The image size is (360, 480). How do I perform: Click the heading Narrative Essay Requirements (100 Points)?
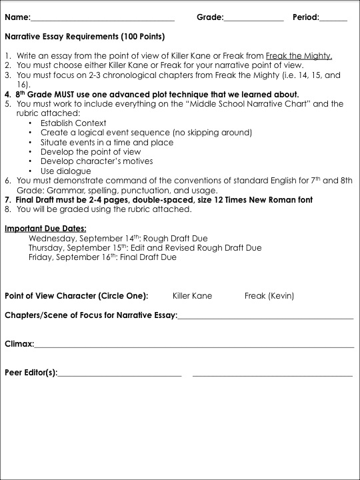[x=85, y=36]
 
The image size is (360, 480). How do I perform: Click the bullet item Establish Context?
[x=69, y=123]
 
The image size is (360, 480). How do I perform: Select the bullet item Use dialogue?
[x=65, y=171]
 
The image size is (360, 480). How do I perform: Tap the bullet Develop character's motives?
[x=97, y=161]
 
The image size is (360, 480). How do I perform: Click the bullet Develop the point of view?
[x=91, y=152]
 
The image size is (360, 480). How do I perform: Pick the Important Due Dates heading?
[x=46, y=229]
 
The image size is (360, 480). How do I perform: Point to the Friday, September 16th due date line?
[x=102, y=257]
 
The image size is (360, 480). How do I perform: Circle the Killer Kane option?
[x=192, y=295]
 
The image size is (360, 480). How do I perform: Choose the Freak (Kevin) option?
[x=269, y=295]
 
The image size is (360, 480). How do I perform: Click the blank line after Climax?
[x=193, y=346]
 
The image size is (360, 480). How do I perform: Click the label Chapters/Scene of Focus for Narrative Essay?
[x=91, y=315]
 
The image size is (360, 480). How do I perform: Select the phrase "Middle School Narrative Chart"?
[x=248, y=104]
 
